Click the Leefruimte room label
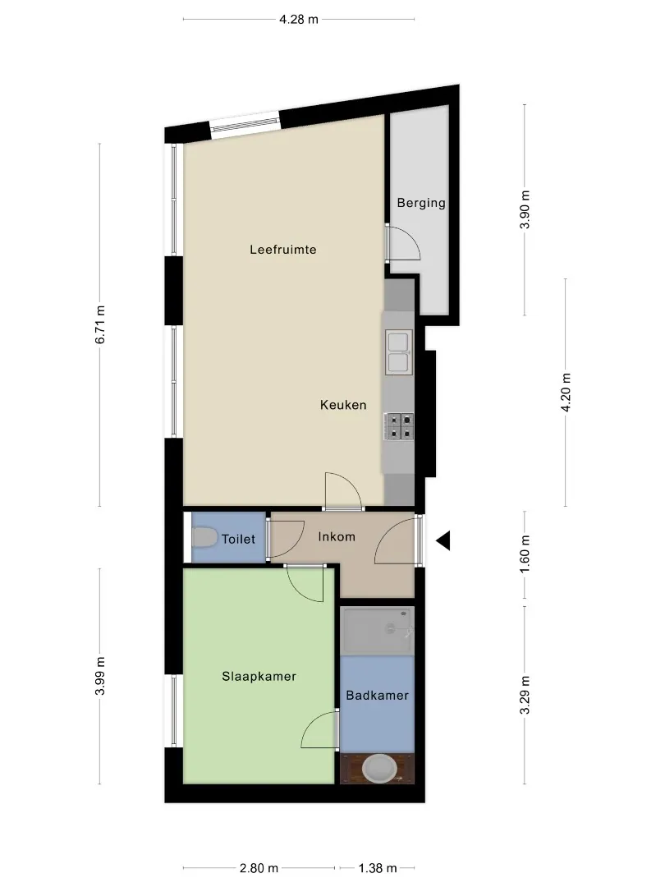[x=282, y=250]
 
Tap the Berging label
[x=421, y=203]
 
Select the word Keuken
[x=343, y=405]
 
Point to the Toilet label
[x=238, y=539]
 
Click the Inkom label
[x=337, y=537]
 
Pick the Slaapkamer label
[x=259, y=677]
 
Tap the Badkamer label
[x=377, y=696]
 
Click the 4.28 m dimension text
[x=299, y=19]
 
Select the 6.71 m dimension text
[x=100, y=324]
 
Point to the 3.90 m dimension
[x=525, y=209]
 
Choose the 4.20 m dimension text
[x=566, y=393]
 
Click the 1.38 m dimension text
[x=377, y=868]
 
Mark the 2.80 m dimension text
[x=259, y=868]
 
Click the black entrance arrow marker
[x=444, y=540]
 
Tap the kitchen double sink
[x=399, y=353]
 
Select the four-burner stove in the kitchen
[x=399, y=426]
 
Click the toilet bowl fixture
[x=204, y=537]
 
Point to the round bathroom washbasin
[x=380, y=768]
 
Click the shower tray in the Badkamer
[x=377, y=631]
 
